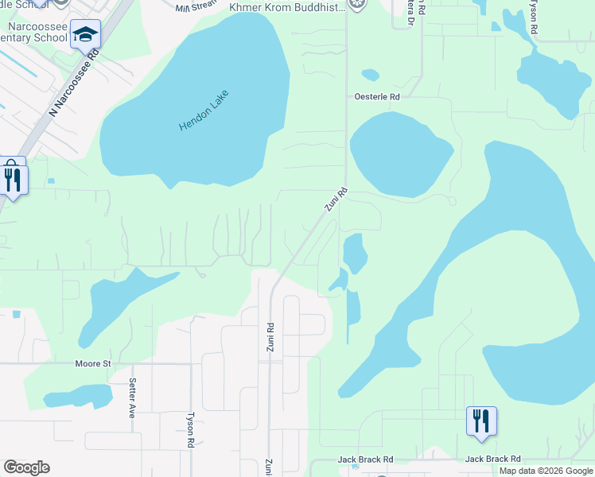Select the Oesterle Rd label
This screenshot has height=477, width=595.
pyautogui.click(x=377, y=97)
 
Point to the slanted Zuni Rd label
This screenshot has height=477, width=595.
pyautogui.click(x=336, y=200)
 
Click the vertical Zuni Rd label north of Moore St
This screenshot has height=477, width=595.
pyautogui.click(x=270, y=338)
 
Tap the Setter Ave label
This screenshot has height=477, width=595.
pyautogui.click(x=133, y=397)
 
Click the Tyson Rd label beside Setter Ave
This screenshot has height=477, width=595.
pyautogui.click(x=190, y=429)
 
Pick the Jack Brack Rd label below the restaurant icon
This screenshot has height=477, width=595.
pyautogui.click(x=492, y=459)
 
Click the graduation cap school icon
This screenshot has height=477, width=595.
pyautogui.click(x=85, y=34)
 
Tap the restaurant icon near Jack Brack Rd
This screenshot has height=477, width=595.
pyautogui.click(x=481, y=421)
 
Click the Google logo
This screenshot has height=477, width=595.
pyautogui.click(x=26, y=467)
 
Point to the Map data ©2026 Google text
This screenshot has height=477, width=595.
pyautogui.click(x=546, y=471)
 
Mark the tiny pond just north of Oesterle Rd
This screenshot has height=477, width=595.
pyautogui.click(x=370, y=76)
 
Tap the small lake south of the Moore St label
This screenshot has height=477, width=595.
pyautogui.click(x=77, y=396)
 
